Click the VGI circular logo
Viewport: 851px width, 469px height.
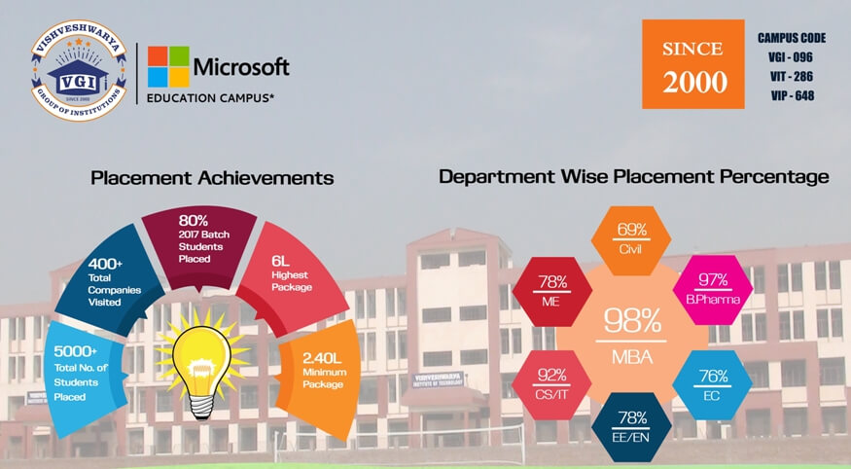pyautogui.click(x=79, y=71)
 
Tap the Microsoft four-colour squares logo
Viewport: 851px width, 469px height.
pyautogui.click(x=168, y=66)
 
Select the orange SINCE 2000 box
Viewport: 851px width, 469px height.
pyautogui.click(x=693, y=64)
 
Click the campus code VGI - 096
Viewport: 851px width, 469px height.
pyautogui.click(x=790, y=57)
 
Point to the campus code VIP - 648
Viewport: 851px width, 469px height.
pyautogui.click(x=793, y=95)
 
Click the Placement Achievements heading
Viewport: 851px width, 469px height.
pyautogui.click(x=212, y=178)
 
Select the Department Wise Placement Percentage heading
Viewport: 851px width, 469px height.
pyautogui.click(x=634, y=177)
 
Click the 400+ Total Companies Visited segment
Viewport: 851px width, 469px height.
pyautogui.click(x=109, y=283)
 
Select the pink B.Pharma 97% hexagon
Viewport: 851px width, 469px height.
pyautogui.click(x=713, y=290)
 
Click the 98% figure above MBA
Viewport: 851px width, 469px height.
pyautogui.click(x=632, y=320)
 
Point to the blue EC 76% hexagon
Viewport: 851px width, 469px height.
pyautogui.click(x=713, y=385)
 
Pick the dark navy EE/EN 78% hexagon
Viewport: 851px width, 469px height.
pyautogui.click(x=631, y=427)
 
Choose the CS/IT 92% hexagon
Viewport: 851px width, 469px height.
pyautogui.click(x=552, y=385)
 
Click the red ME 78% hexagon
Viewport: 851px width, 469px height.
pyautogui.click(x=552, y=292)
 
